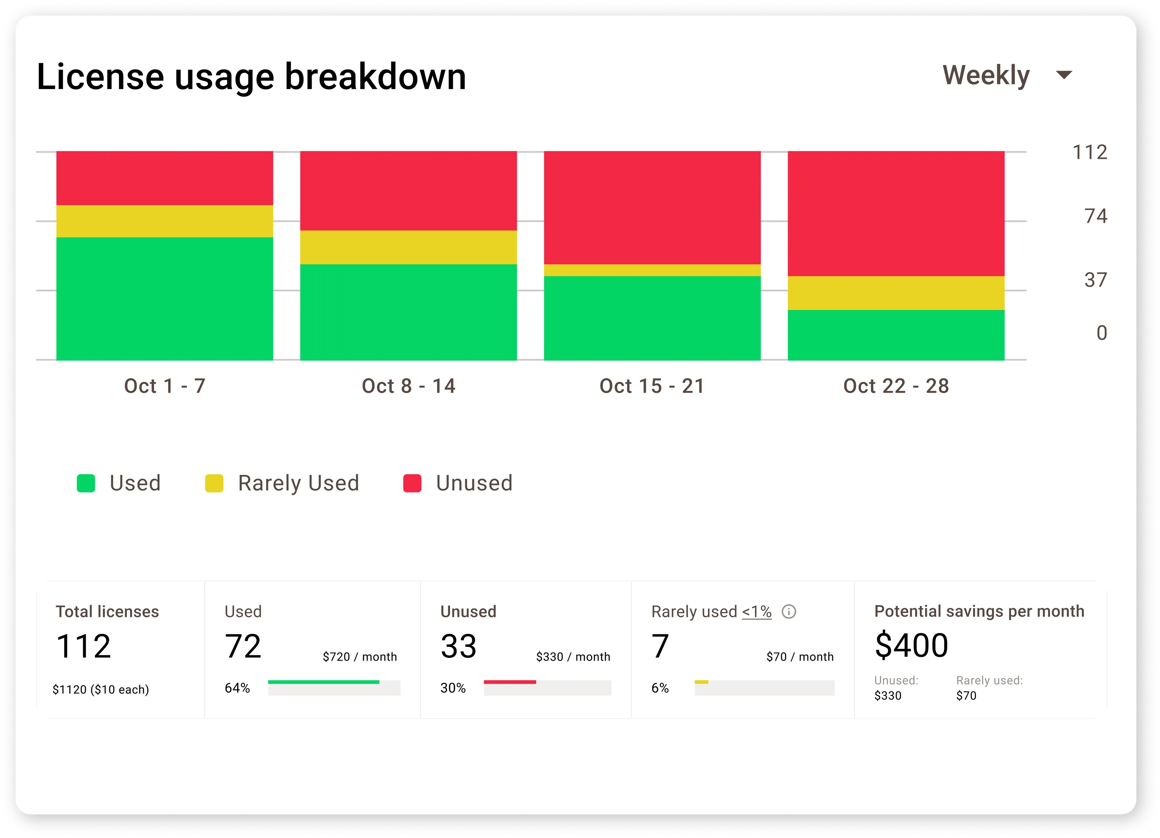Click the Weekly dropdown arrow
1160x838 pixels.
tap(1064, 75)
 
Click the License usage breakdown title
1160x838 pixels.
tap(251, 77)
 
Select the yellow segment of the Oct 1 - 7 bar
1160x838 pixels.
tap(165, 221)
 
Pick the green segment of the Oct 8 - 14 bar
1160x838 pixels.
tap(408, 312)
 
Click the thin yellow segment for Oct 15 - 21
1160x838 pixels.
tap(652, 270)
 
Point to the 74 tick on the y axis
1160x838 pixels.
tap(1096, 216)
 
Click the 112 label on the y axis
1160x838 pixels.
tap(1090, 152)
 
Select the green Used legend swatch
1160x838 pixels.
tap(86, 483)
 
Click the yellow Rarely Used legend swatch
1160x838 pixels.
tap(214, 483)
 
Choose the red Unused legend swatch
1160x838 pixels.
tap(412, 483)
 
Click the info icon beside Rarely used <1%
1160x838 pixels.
tap(789, 611)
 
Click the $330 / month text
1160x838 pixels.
tap(573, 656)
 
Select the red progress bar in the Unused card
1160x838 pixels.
tap(510, 682)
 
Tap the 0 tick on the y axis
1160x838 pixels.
tap(1102, 333)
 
